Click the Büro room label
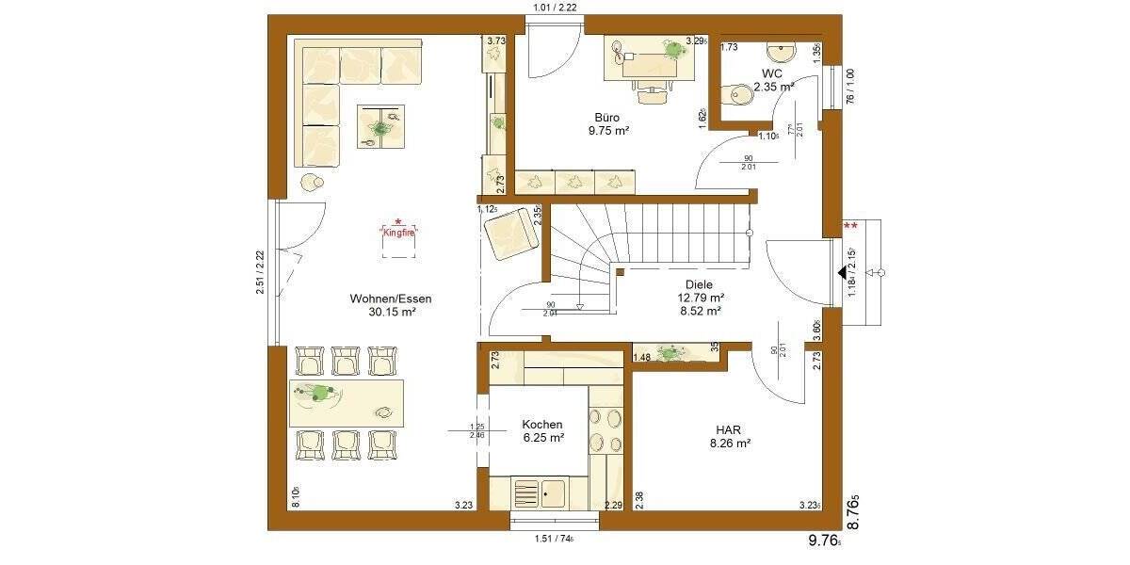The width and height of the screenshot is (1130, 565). [606, 117]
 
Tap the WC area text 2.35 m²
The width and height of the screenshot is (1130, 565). [772, 86]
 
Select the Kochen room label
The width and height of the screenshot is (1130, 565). [542, 425]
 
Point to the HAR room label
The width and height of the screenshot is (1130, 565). [729, 428]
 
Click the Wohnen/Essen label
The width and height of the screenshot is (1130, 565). [391, 299]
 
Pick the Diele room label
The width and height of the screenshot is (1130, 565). [700, 284]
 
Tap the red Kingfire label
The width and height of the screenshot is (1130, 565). [398, 231]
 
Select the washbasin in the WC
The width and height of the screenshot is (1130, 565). [781, 51]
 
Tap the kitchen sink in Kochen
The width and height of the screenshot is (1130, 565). [541, 491]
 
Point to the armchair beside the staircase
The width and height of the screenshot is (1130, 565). [509, 232]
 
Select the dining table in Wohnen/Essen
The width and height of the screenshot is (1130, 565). [347, 403]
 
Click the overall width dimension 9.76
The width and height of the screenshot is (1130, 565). [825, 541]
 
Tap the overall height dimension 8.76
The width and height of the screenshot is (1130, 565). [853, 512]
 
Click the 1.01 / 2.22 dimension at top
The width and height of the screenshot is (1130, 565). [555, 8]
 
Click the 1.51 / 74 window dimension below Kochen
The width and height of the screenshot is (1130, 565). [553, 539]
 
